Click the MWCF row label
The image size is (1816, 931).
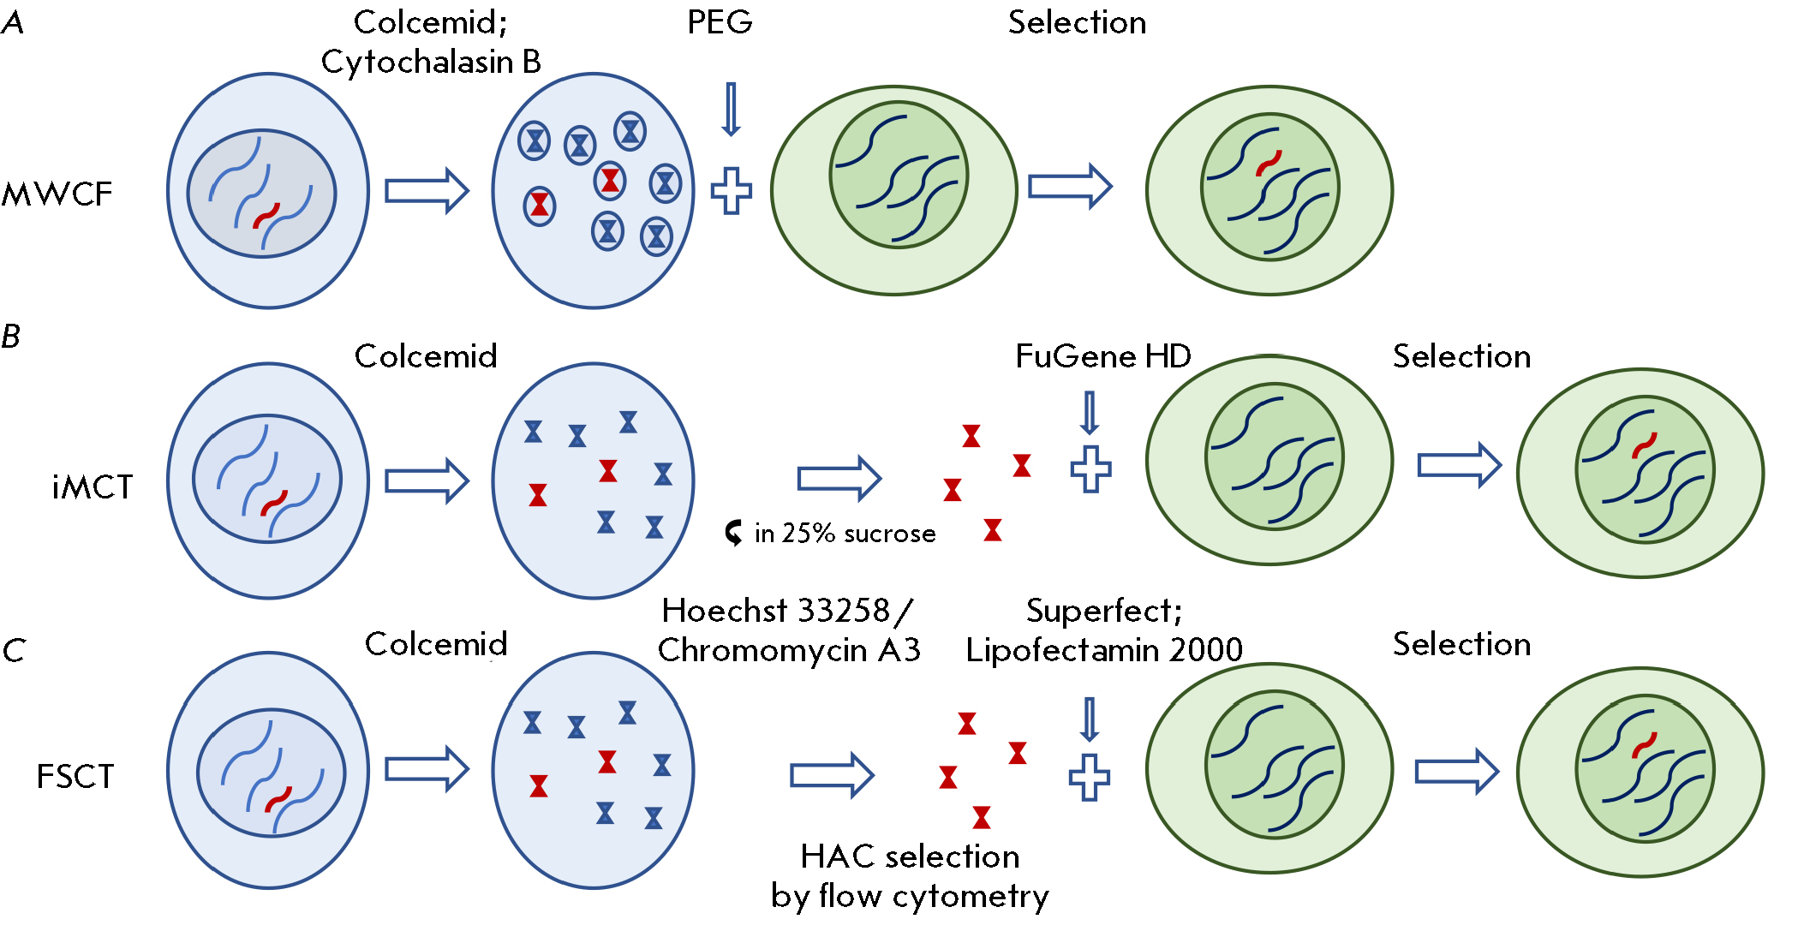pos(57,194)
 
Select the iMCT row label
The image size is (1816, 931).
pos(93,487)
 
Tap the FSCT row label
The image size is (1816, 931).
pos(75,777)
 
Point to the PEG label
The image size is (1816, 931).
pos(720,22)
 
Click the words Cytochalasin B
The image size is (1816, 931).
pos(431,62)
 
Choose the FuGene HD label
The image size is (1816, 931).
pos(1103,356)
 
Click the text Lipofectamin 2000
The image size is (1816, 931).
pos(1104,650)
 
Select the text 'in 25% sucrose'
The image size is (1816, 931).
pos(845,534)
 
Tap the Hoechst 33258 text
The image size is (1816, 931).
pos(776,611)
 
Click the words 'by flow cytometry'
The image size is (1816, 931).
pos(910,896)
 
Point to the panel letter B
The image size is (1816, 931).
pos(11,337)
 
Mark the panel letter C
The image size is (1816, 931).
pos(14,650)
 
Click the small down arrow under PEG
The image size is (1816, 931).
pos(731,110)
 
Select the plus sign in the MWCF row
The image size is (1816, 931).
pos(732,191)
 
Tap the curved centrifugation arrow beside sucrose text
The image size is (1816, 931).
pos(734,533)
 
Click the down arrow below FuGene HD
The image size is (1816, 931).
pos(1090,413)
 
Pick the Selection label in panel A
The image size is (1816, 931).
pos(1077,22)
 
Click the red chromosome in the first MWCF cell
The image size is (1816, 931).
pos(266,215)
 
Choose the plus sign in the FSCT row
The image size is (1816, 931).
pos(1090,778)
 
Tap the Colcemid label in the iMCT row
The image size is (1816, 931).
pos(426,356)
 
